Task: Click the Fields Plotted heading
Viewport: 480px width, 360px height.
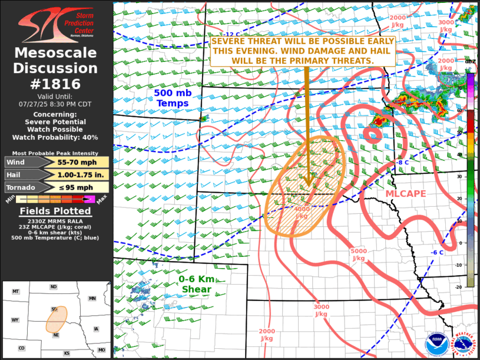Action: (x=55, y=211)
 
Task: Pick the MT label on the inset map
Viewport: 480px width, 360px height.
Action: (x=16, y=292)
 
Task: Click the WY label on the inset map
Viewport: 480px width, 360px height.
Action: (x=15, y=320)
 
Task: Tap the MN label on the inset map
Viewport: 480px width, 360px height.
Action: (x=92, y=299)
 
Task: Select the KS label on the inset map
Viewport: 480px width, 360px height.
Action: (x=67, y=353)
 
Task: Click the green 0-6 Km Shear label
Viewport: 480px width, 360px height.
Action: (x=196, y=284)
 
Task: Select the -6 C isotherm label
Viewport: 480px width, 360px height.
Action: (x=437, y=252)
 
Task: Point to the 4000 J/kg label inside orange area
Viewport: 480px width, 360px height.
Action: (x=302, y=212)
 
